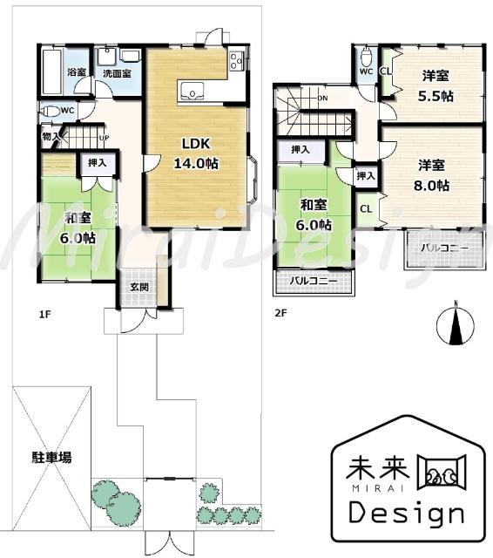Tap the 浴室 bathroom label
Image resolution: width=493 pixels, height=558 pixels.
(x=76, y=72)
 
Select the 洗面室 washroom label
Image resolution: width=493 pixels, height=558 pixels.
(x=116, y=73)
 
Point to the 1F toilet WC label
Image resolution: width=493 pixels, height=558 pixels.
(x=67, y=111)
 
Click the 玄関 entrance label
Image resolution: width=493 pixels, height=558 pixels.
(x=139, y=287)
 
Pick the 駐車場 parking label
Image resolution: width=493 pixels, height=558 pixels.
(x=52, y=456)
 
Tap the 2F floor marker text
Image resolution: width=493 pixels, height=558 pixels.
(x=281, y=313)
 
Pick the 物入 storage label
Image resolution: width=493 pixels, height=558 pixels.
(x=51, y=136)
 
